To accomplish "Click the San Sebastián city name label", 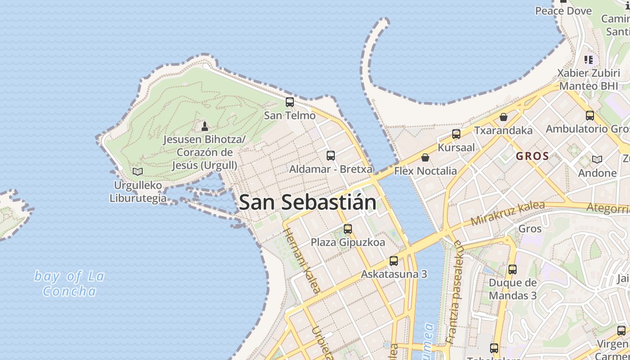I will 308,202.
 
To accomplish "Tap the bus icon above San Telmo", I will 290,102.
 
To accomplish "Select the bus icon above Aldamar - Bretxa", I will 331,156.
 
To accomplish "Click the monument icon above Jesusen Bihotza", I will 205,126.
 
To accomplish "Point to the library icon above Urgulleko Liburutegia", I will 138,171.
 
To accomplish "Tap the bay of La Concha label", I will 69,283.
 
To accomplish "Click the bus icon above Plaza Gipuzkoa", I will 348,229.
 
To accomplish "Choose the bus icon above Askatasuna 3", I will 394,261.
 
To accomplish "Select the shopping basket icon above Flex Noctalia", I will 425,157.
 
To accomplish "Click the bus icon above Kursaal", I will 456,134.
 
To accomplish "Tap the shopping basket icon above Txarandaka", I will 504,117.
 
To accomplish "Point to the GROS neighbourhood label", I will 532,157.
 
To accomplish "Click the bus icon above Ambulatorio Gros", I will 590,116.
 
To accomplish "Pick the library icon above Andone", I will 597,159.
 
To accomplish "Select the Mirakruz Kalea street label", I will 508,214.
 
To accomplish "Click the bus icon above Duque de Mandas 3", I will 513,270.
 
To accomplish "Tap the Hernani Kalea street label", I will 302,260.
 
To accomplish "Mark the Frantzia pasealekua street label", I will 454,292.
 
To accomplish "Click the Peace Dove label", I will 563,11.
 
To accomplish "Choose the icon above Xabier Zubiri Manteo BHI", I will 589,59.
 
